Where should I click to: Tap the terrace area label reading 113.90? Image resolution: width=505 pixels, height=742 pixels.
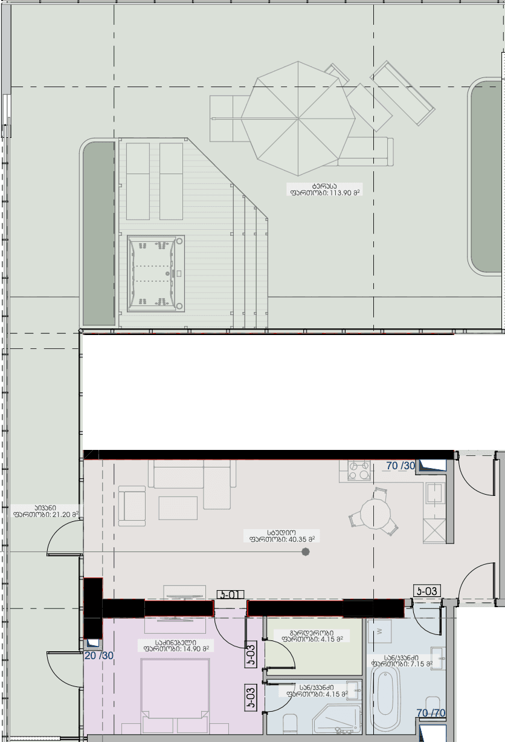(x=324, y=189)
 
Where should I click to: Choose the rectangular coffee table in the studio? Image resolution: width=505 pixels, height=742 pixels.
(x=178, y=507)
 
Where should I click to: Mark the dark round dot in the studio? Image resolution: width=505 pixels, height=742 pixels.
(x=306, y=552)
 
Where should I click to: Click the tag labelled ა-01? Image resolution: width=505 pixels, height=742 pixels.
(x=230, y=594)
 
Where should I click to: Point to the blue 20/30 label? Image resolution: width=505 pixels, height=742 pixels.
(x=98, y=656)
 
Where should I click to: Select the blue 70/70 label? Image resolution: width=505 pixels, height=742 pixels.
(x=431, y=714)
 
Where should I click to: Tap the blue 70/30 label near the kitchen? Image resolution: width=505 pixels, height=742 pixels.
(x=400, y=466)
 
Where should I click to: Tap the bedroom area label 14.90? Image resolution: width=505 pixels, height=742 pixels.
(x=175, y=645)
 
